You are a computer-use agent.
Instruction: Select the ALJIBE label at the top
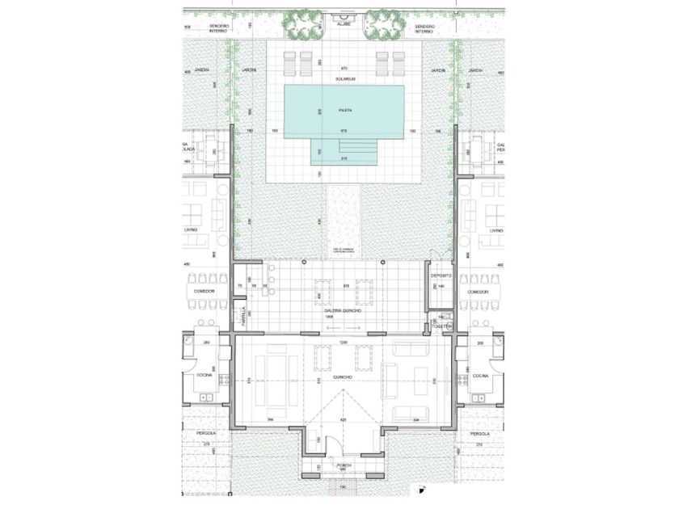point(344,25)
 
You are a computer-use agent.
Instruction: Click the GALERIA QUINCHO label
point(344,311)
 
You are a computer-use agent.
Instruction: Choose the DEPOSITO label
point(441,276)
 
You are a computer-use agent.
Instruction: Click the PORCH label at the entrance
point(344,465)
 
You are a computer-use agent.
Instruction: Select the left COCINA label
point(202,376)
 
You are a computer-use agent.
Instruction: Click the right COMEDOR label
point(479,292)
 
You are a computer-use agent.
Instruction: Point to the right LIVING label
point(496,230)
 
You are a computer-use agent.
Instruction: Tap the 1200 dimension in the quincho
point(343,343)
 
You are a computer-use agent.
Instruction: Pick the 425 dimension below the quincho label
point(343,419)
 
